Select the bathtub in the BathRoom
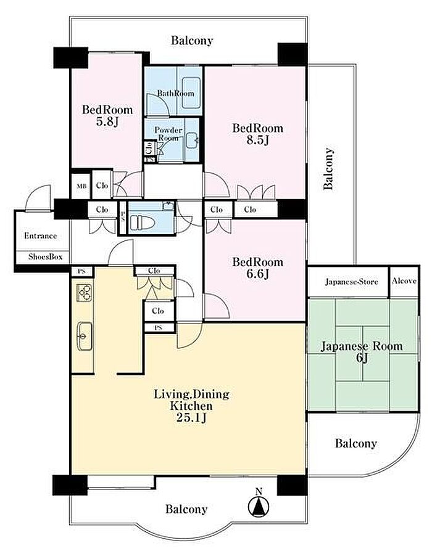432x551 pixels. (191, 93)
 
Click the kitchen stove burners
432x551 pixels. (85, 293)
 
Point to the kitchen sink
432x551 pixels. (85, 336)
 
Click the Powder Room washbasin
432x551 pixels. (192, 141)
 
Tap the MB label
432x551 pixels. (81, 186)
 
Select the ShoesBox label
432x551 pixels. (46, 257)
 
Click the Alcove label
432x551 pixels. (404, 281)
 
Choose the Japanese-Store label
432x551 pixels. (351, 282)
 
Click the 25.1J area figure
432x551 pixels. (191, 418)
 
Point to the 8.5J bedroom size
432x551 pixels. (257, 140)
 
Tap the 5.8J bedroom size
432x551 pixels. (107, 122)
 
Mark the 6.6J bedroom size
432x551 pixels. (257, 274)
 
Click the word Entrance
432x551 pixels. (41, 236)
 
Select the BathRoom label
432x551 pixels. (175, 94)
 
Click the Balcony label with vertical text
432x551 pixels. (328, 169)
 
